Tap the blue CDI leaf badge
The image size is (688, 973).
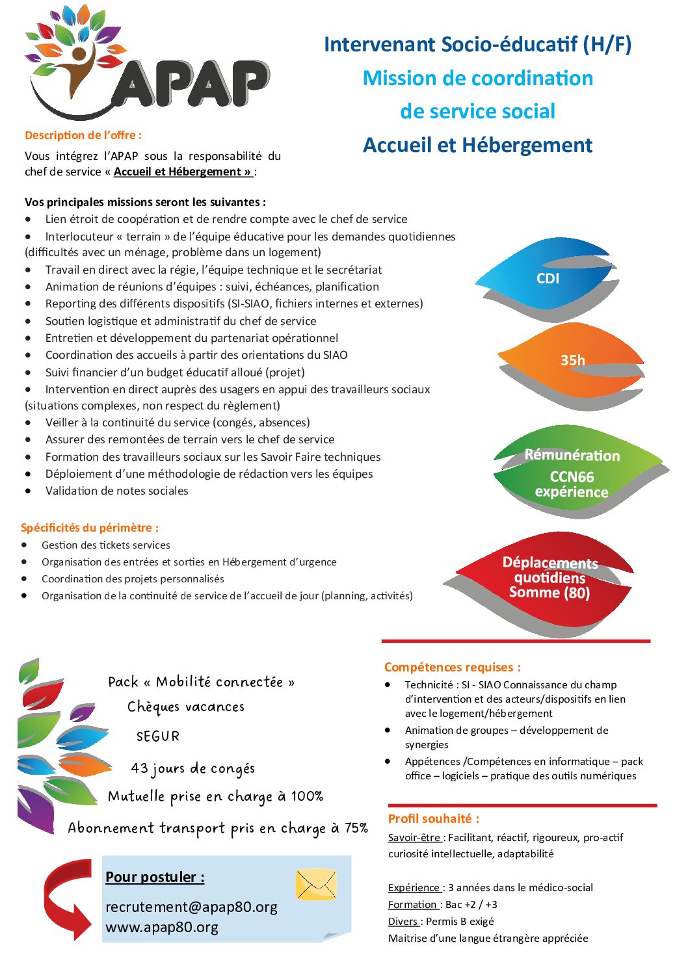coord(548,278)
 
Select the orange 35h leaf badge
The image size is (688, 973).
coord(572,360)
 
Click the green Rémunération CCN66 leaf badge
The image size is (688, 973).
coord(572,473)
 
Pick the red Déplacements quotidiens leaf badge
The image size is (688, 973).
coord(549,578)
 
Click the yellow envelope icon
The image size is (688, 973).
coord(316,885)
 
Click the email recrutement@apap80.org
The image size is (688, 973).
coord(191,907)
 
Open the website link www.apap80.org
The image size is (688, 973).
coord(162,928)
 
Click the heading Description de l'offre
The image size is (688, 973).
coord(83,135)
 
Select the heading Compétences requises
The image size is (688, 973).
coord(452,667)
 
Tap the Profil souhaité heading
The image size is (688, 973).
coord(433,819)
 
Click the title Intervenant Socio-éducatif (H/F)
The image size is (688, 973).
coord(477,44)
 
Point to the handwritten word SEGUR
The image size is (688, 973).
coord(157,736)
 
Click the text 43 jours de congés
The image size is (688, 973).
coord(192,768)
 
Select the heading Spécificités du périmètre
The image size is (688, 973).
coord(89,528)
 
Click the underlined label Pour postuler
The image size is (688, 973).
coord(155,877)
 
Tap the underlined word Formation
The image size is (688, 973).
coord(412,905)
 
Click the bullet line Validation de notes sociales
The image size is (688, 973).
coord(116,491)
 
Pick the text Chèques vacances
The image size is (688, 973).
coord(186,707)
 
